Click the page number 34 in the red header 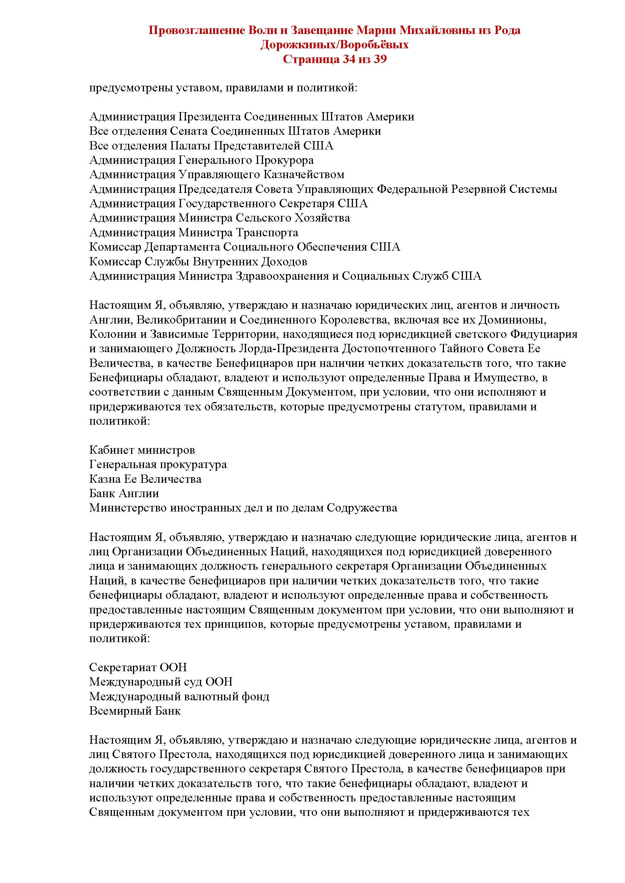pyautogui.click(x=348, y=59)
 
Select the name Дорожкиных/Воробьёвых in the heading pyautogui.click(x=334, y=45)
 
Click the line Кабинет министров pyautogui.click(x=142, y=450)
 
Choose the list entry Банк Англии pyautogui.click(x=124, y=493)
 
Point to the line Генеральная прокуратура pyautogui.click(x=158, y=464)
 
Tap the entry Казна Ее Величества pyautogui.click(x=145, y=479)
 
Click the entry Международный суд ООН pyautogui.click(x=161, y=681)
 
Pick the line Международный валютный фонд pyautogui.click(x=179, y=696)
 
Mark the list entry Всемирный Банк pyautogui.click(x=135, y=710)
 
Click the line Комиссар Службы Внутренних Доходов pyautogui.click(x=198, y=262)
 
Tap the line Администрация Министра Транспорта pyautogui.click(x=193, y=232)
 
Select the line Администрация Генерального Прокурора pyautogui.click(x=201, y=160)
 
